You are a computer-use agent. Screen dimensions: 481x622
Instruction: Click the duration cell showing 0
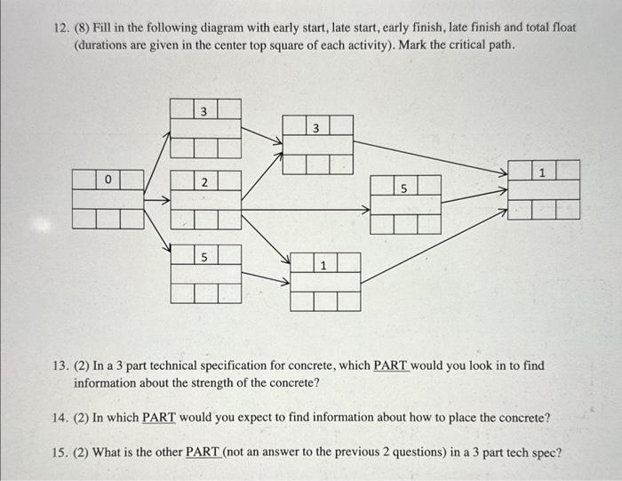(108, 180)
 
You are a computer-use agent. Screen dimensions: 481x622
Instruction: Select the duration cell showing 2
(204, 181)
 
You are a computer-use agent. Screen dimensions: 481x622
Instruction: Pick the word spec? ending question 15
(545, 452)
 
